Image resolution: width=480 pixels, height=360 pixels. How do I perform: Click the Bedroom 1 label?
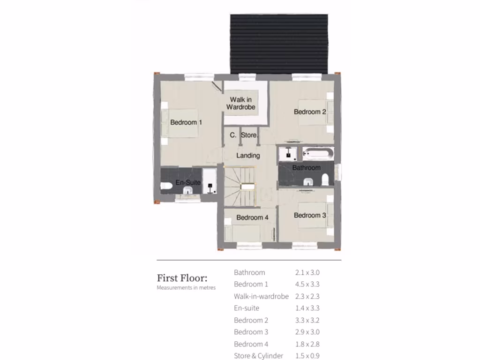pyautogui.click(x=186, y=122)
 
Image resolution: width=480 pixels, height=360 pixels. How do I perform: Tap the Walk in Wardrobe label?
pyautogui.click(x=241, y=103)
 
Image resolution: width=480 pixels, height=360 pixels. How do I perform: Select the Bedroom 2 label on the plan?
pyautogui.click(x=310, y=112)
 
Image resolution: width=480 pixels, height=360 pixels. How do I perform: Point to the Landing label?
pyautogui.click(x=248, y=155)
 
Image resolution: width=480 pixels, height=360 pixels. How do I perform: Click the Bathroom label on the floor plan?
pyautogui.click(x=307, y=167)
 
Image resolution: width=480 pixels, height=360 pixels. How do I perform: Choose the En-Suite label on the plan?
pyautogui.click(x=188, y=182)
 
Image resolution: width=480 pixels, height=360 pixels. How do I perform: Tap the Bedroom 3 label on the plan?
pyautogui.click(x=310, y=215)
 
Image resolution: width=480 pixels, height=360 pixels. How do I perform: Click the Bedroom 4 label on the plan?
pyautogui.click(x=252, y=217)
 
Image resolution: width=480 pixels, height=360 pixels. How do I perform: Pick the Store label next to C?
pyautogui.click(x=249, y=135)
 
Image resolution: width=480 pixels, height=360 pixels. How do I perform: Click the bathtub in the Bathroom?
pyautogui.click(x=318, y=152)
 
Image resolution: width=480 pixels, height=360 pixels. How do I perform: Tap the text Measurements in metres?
pyautogui.click(x=186, y=287)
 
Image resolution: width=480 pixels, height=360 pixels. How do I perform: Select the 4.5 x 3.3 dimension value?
pyautogui.click(x=307, y=284)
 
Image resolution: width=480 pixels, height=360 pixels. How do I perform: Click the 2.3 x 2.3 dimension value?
pyautogui.click(x=307, y=296)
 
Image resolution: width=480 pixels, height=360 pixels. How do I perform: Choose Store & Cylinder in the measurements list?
pyautogui.click(x=258, y=356)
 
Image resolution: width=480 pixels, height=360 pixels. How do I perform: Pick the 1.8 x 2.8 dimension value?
pyautogui.click(x=307, y=344)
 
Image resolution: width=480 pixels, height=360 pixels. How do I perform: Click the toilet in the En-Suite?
pyautogui.click(x=166, y=187)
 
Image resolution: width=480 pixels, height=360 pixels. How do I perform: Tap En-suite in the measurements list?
pyautogui.click(x=247, y=308)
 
